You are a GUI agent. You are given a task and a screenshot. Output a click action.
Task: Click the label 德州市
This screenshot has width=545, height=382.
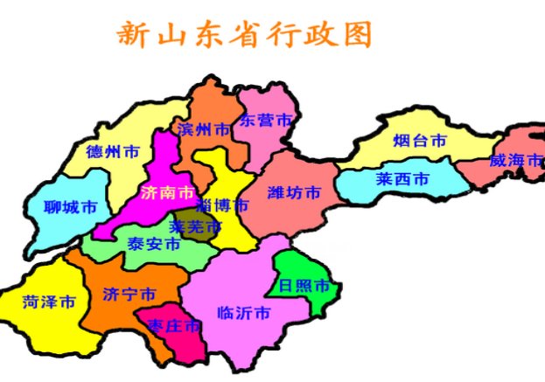coord(113,150)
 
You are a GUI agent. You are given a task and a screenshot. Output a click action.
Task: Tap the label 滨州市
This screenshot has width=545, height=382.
coord(204,128)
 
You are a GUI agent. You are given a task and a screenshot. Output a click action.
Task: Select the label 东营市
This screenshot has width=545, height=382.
coord(266,120)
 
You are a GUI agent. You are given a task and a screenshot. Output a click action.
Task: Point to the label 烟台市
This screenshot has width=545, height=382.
coord(420,140)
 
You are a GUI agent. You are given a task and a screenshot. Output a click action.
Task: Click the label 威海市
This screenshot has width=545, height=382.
coord(516,160)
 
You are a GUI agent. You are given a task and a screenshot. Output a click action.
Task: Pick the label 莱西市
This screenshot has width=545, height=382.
coord(403,179)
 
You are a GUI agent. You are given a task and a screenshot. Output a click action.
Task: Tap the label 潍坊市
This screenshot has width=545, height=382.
coord(294,192)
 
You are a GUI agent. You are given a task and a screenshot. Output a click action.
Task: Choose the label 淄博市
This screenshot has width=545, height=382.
coord(222,206)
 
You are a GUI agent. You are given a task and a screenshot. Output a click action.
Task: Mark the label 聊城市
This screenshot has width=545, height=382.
coord(70,208)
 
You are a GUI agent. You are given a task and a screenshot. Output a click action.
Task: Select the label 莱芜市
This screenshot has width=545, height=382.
coord(195,226)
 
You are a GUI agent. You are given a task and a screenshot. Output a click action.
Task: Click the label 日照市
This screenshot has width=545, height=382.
coord(304,286)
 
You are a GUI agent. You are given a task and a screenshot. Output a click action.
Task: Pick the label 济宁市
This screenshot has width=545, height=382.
coord(129,293)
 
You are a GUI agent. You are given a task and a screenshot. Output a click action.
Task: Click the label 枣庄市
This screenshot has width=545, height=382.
coord(174,326)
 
